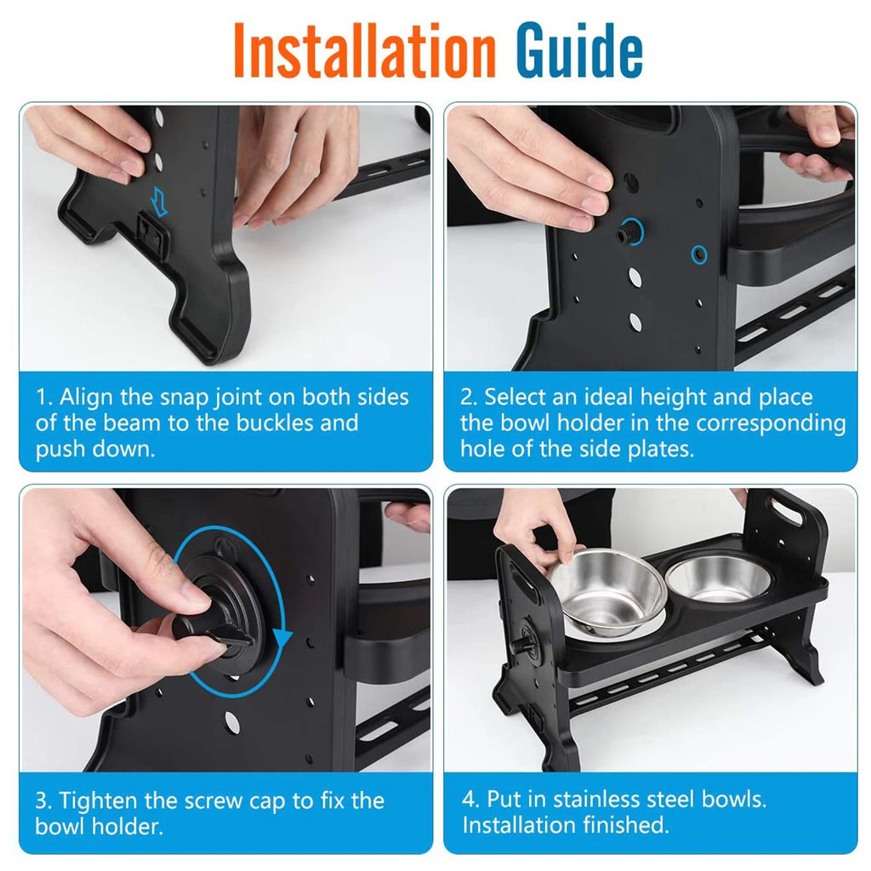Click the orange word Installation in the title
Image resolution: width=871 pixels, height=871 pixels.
tap(364, 50)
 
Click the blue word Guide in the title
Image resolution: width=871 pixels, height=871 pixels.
tap(579, 50)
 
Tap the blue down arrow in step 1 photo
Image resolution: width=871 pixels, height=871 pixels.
tap(159, 201)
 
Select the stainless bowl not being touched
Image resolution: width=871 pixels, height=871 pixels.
tap(719, 579)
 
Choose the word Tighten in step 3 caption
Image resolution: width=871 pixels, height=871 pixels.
tap(98, 801)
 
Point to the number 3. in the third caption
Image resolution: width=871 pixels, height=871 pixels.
tap(43, 801)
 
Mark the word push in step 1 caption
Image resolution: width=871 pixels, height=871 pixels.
tap(60, 450)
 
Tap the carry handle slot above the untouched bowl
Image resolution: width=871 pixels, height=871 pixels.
tap(787, 511)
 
